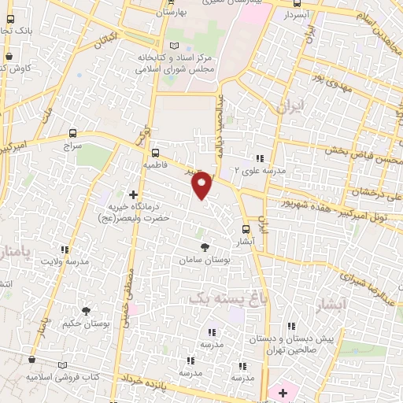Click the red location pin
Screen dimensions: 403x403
coord(202,185)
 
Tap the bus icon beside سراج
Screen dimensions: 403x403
coord(73,133)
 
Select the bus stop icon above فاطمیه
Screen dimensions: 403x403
coord(154,153)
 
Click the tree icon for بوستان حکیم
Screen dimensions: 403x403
coord(86,311)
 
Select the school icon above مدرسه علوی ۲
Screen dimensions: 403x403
coord(261,157)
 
